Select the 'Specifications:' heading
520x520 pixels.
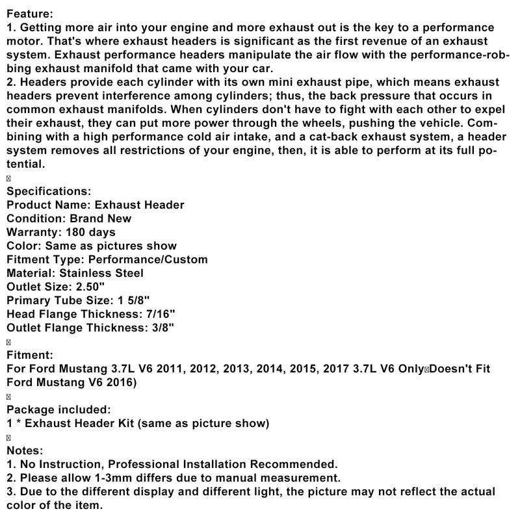[49, 191]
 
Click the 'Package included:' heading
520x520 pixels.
[58, 409]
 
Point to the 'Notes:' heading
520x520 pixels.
[25, 450]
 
